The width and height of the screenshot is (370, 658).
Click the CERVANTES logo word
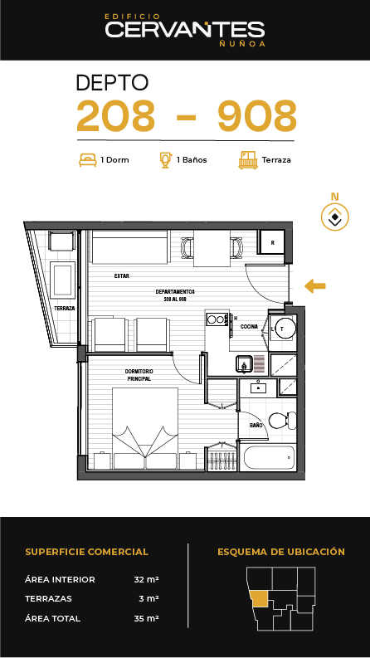click(184, 30)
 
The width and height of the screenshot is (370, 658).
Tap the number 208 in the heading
click(116, 115)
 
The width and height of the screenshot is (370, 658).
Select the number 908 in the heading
click(257, 115)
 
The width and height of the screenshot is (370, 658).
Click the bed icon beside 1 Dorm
click(88, 159)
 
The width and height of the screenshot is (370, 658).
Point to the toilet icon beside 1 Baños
click(166, 159)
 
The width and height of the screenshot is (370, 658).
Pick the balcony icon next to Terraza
click(248, 160)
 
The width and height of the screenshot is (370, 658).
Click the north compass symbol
click(335, 217)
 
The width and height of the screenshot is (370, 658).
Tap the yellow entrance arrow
click(315, 286)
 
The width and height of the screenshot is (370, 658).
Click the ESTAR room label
click(122, 276)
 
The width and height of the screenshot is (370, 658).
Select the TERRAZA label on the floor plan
click(65, 308)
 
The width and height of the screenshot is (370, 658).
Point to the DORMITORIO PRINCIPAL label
click(139, 375)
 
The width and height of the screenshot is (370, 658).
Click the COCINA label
click(249, 326)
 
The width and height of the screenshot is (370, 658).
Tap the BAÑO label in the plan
click(256, 425)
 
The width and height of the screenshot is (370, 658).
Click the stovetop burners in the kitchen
click(217, 319)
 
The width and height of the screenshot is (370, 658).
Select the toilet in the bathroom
click(282, 421)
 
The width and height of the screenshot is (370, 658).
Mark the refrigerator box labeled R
click(272, 242)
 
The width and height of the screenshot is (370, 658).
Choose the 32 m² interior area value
click(146, 579)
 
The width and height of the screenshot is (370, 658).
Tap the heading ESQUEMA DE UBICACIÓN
click(281, 552)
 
